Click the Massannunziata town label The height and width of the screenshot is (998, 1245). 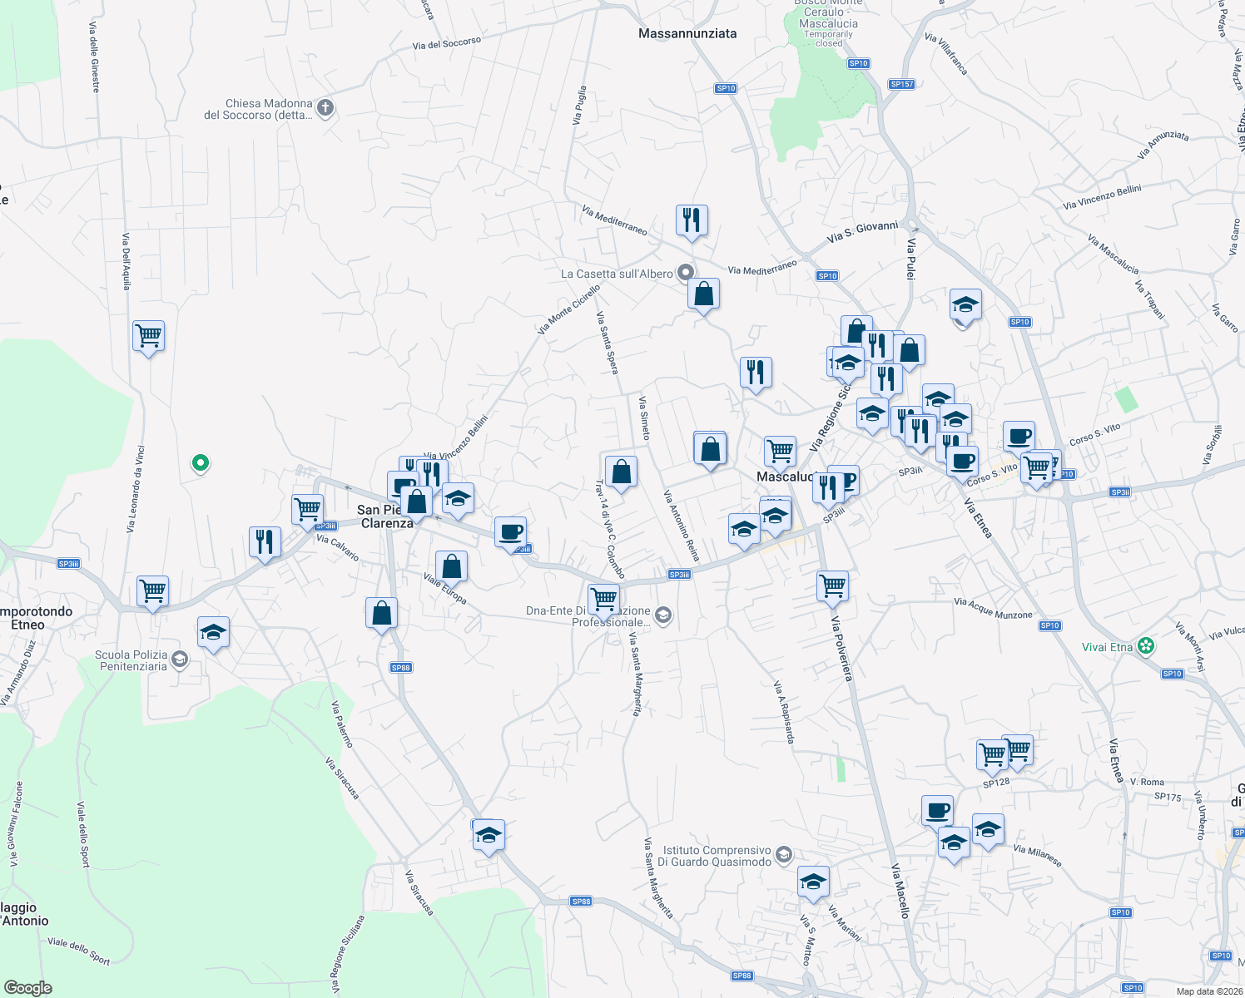(687, 33)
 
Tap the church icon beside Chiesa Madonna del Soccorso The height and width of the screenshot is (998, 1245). (325, 107)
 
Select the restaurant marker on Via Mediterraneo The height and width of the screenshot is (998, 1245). (692, 220)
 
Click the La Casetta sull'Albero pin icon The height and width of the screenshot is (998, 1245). (686, 272)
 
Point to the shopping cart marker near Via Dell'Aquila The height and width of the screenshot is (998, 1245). (148, 336)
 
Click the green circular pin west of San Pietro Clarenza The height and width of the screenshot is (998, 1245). (200, 462)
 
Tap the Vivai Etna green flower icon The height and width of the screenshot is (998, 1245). (1147, 646)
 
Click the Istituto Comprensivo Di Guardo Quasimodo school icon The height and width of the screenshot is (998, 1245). (783, 854)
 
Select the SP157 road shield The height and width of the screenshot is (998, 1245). (902, 84)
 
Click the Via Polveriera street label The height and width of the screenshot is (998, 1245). (842, 648)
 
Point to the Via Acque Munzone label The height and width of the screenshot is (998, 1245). (993, 608)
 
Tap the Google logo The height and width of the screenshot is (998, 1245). (28, 988)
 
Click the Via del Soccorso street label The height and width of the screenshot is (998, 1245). (447, 43)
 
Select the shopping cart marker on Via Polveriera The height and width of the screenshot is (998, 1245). (833, 586)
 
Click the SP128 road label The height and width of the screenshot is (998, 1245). (996, 782)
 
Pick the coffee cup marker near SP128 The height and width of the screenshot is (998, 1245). (937, 810)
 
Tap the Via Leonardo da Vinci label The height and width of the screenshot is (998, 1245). (135, 489)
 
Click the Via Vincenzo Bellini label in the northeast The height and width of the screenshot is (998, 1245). (1102, 197)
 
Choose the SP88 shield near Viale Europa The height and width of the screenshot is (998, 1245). (400, 667)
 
